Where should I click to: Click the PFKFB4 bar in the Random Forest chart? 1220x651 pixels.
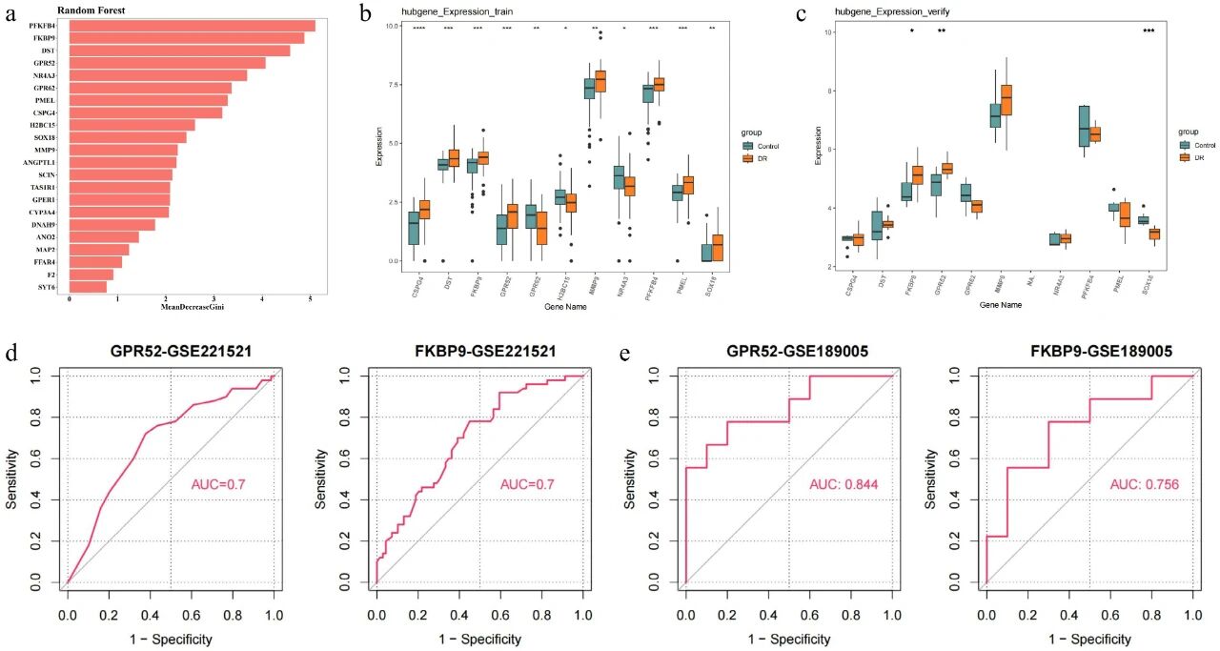[191, 26]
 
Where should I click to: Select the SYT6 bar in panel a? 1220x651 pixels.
[88, 287]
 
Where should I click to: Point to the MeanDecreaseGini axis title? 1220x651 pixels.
[189, 307]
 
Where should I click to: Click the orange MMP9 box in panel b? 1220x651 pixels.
[600, 81]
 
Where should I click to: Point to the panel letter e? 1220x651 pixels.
[625, 355]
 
